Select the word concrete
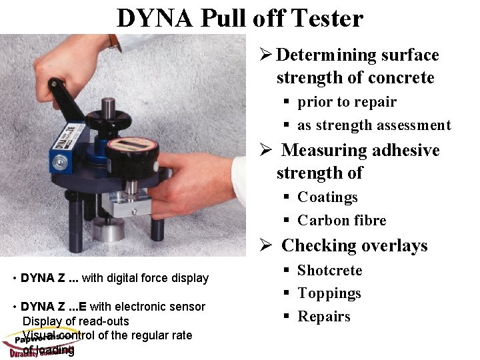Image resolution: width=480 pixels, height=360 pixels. click(x=399, y=77)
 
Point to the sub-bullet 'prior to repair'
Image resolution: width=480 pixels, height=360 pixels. click(x=347, y=102)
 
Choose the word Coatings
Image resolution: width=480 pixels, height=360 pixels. click(x=327, y=197)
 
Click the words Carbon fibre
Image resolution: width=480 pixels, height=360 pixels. click(x=341, y=220)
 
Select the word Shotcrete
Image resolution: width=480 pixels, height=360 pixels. click(x=329, y=270)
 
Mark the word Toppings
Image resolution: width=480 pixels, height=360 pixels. click(x=329, y=293)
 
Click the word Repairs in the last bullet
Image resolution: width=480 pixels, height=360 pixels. click(x=323, y=316)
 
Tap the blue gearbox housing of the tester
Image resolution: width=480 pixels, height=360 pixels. click(x=63, y=143)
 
